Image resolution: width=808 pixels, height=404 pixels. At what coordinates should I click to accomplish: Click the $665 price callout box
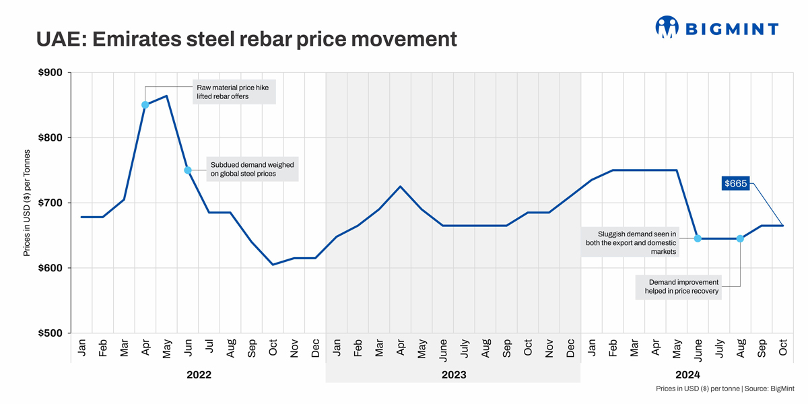tap(735, 183)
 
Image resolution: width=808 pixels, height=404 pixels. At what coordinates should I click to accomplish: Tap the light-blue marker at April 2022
tap(145, 105)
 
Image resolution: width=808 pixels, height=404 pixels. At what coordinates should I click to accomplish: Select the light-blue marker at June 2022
tap(188, 170)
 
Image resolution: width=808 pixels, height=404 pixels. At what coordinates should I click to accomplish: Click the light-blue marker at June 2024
tap(698, 238)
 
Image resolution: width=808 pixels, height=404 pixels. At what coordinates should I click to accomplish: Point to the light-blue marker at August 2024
tap(740, 238)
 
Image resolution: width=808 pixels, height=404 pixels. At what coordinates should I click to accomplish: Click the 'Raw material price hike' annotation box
tap(232, 92)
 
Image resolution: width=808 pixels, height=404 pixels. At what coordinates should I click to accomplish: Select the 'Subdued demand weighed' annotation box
tap(252, 169)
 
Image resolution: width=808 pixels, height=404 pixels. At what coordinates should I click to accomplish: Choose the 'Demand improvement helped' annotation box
tap(679, 287)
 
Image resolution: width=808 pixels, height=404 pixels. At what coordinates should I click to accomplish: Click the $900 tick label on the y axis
tap(50, 73)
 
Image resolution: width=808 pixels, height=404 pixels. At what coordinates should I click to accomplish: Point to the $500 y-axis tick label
tap(50, 333)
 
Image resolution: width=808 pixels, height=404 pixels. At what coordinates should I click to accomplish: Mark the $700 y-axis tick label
tap(50, 203)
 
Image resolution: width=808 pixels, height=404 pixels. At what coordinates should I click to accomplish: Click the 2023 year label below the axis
tap(453, 375)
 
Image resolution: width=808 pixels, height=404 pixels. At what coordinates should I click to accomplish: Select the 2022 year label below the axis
tap(199, 375)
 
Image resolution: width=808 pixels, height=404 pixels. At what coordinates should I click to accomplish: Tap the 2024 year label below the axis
tap(687, 375)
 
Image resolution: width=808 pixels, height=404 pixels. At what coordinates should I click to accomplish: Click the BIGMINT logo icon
tap(667, 27)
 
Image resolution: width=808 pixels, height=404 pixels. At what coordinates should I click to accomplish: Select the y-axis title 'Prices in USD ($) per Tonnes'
tap(27, 203)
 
